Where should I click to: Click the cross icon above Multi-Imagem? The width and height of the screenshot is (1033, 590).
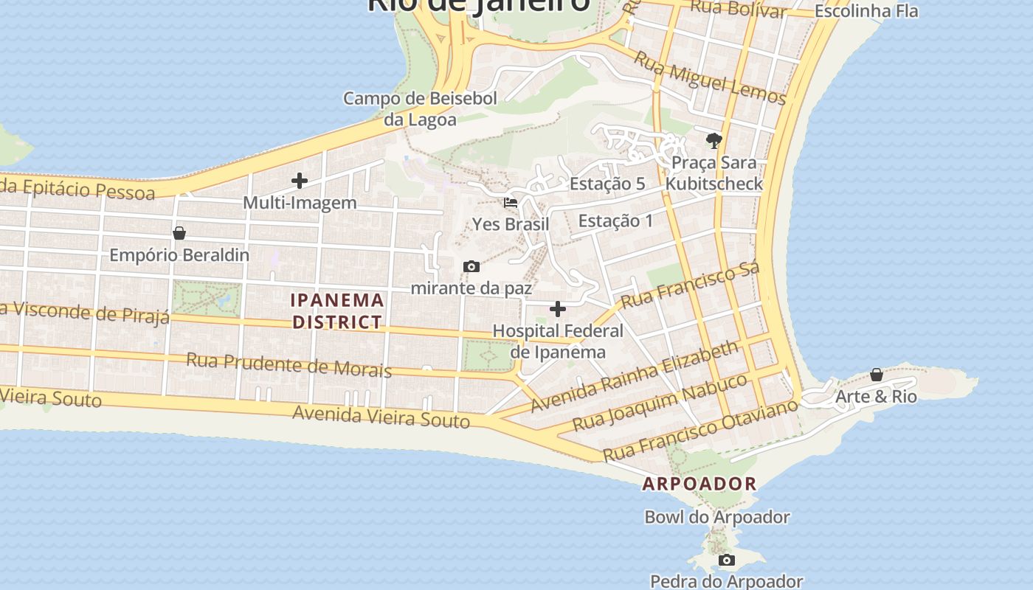(300, 181)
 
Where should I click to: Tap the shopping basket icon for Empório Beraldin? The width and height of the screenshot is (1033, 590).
(179, 233)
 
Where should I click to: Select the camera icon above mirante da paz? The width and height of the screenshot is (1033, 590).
(471, 266)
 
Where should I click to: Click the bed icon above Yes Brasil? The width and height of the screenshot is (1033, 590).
(511, 202)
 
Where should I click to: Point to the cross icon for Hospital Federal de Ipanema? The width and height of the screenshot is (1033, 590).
(558, 309)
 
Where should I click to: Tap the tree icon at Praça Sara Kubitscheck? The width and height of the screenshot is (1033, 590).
(714, 140)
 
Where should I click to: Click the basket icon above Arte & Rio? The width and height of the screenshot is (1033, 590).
(877, 375)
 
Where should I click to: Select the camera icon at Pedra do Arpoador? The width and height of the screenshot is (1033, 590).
(727, 560)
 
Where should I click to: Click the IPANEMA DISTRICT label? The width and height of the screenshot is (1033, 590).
(337, 311)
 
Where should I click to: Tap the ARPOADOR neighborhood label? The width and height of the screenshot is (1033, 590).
(699, 484)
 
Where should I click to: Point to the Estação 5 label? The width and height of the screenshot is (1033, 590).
(607, 184)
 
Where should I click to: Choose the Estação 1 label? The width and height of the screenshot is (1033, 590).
(615, 221)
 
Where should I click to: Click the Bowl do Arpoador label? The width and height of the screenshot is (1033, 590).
(717, 517)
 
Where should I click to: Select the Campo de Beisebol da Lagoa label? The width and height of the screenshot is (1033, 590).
(420, 108)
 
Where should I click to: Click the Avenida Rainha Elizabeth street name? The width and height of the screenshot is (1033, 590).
(634, 376)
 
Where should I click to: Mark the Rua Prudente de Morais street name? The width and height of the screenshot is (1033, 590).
(289, 364)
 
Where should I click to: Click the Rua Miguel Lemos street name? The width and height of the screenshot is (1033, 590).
(710, 79)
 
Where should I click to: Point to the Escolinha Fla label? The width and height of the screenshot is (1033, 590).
(866, 11)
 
